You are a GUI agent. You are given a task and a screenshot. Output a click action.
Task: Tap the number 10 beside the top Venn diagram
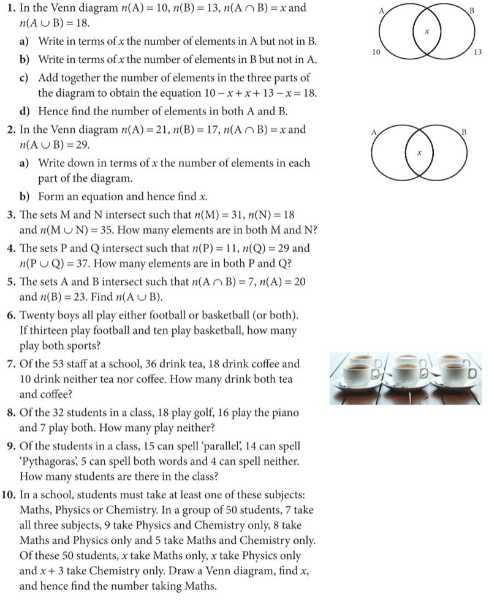coord(377,53)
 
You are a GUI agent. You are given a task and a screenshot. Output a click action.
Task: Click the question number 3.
coord(11,215)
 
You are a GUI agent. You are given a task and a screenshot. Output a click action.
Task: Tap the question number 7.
coord(11,363)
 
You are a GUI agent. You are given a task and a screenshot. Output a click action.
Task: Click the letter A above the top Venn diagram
coord(381,10)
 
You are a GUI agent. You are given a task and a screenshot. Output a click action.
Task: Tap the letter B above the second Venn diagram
coord(464,132)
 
